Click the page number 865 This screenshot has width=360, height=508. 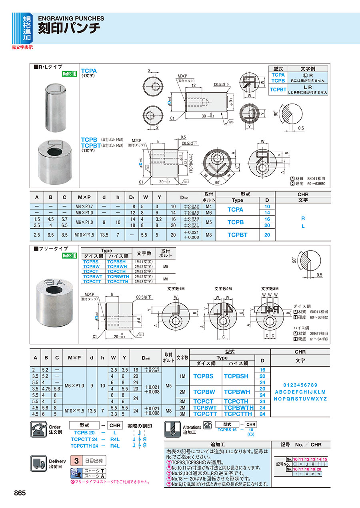20,493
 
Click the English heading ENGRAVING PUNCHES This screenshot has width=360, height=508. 71,18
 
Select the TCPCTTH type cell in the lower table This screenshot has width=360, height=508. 238,414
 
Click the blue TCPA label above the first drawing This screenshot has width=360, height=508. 89,71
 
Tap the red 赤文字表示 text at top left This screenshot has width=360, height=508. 22,47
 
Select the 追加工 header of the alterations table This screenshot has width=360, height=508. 217,444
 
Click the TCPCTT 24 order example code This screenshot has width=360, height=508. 84,439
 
